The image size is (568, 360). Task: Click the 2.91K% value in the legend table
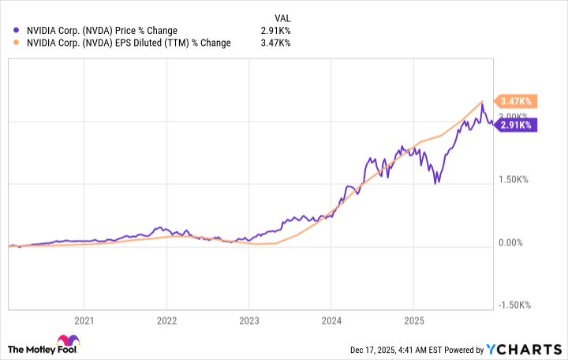click(x=276, y=31)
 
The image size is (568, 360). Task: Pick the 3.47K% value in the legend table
click(x=276, y=43)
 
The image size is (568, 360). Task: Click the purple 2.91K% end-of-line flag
click(x=517, y=124)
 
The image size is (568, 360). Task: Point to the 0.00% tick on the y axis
click(x=514, y=242)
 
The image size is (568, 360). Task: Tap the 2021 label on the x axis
click(x=84, y=321)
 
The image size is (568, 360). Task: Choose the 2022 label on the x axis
click(x=166, y=321)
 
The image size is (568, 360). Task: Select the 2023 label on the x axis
click(x=248, y=321)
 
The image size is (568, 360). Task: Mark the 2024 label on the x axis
click(x=331, y=321)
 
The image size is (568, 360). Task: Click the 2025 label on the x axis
click(x=413, y=321)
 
